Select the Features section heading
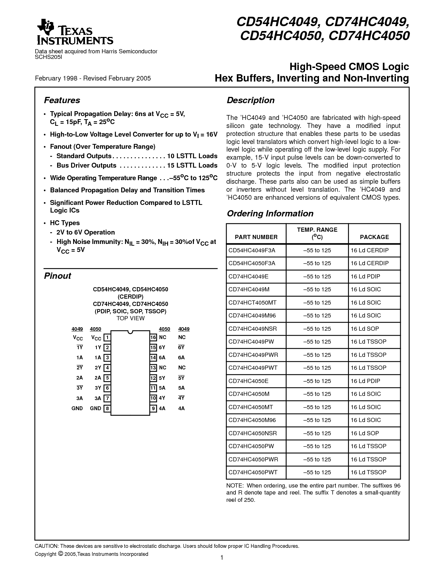62,100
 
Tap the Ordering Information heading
270,214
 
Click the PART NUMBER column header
256,237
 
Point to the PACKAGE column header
374,237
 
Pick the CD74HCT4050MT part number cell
252,302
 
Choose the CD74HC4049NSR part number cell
252,329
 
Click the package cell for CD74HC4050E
365,381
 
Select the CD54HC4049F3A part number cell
252,250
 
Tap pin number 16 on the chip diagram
153,337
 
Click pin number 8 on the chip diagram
107,408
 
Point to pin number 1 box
107,337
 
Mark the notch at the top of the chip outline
130,332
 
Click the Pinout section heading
57,276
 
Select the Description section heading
250,100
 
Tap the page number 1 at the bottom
221,558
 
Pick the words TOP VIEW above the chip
130,318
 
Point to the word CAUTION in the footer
47,546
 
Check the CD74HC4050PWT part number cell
253,472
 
